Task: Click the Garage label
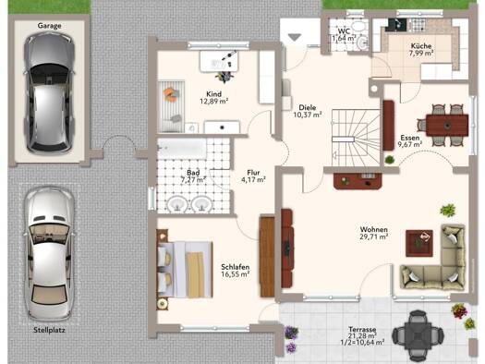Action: [50, 26]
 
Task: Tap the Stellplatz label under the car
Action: [50, 330]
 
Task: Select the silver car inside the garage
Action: [50, 92]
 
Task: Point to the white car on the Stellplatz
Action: [50, 253]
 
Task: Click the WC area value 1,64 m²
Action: [344, 39]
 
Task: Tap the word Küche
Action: [421, 46]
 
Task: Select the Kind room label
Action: [213, 94]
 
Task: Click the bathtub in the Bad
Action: [182, 149]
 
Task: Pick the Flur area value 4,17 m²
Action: [253, 179]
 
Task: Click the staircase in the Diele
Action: [356, 138]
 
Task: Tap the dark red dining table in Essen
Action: [447, 126]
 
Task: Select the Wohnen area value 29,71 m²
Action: [373, 237]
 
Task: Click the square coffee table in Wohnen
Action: [419, 243]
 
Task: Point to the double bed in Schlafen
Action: [185, 270]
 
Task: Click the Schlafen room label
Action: [236, 267]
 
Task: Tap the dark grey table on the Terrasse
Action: [418, 335]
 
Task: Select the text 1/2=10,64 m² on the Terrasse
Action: [362, 342]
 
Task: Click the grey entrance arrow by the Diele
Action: [295, 37]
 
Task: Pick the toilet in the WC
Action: [361, 42]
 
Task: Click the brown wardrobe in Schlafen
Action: [267, 257]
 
